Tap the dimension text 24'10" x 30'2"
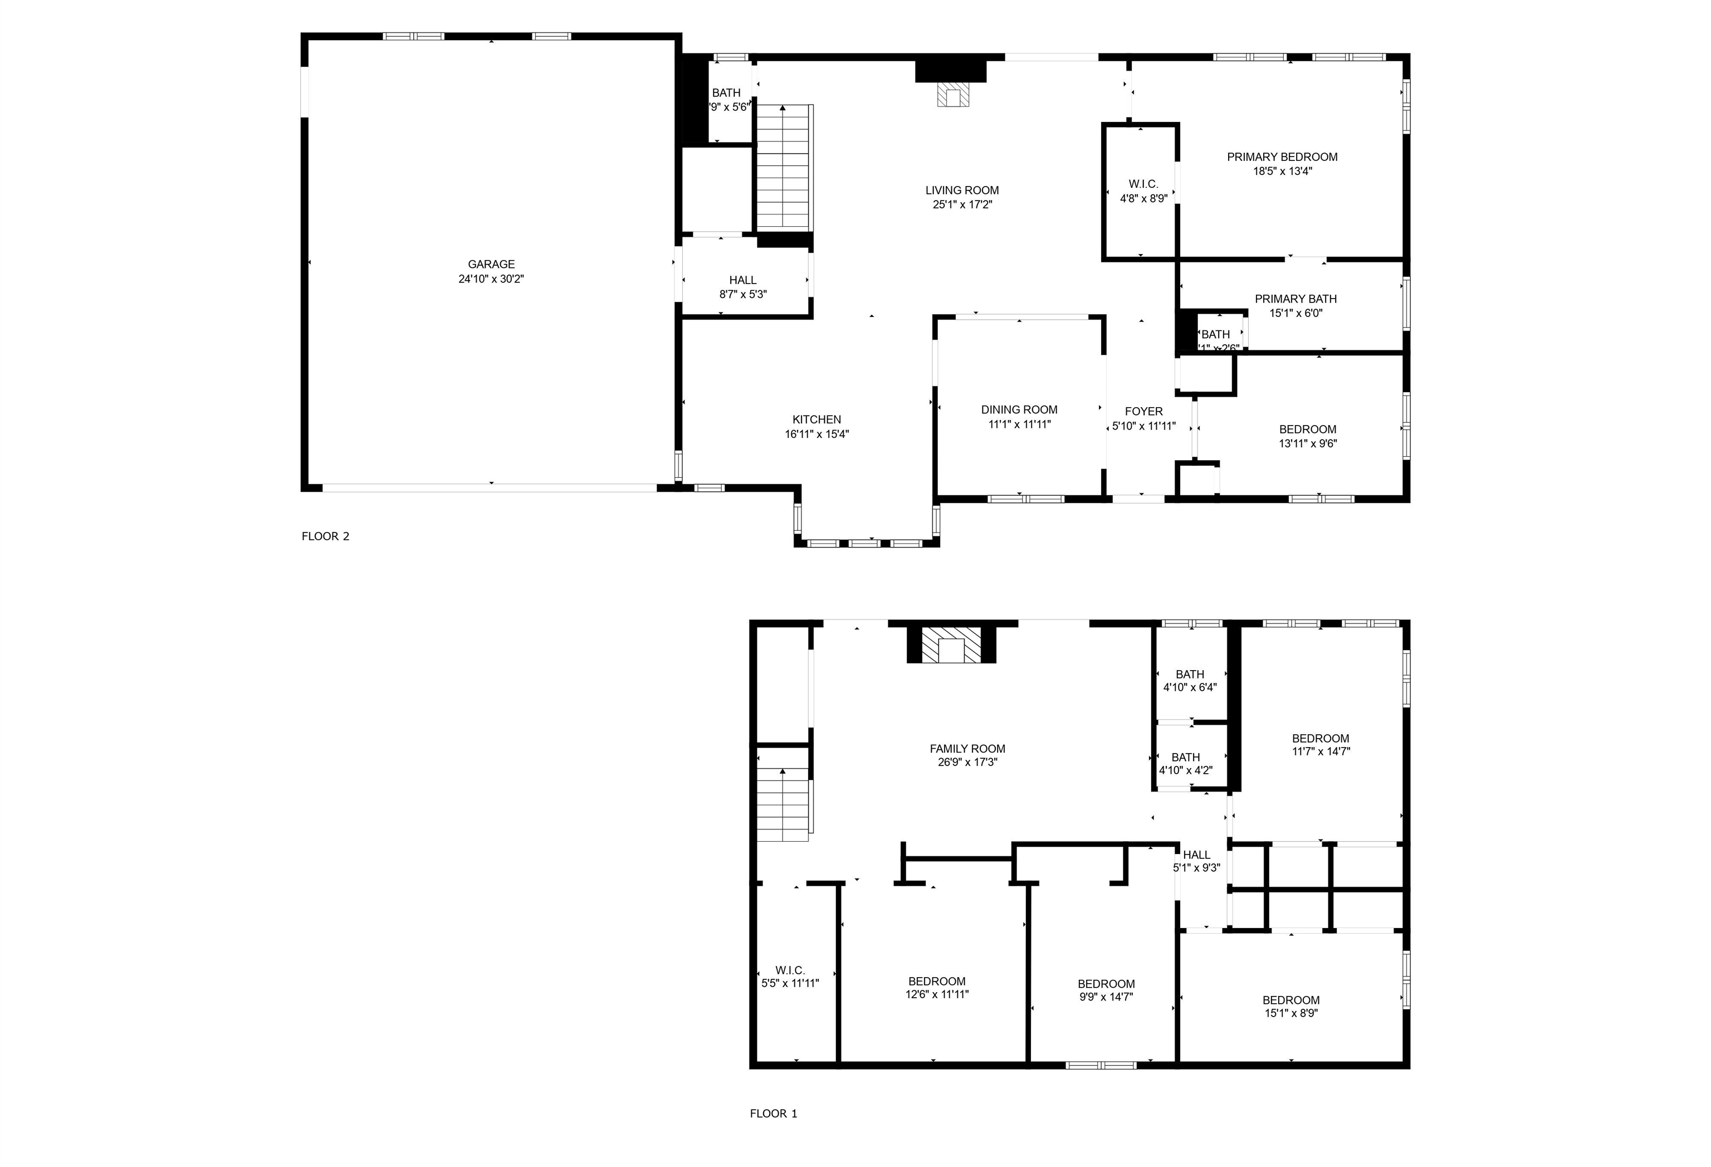point(491,279)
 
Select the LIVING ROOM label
point(961,190)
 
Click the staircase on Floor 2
point(784,168)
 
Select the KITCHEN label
point(817,419)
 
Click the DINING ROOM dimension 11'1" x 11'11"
point(1019,424)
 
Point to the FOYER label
point(1143,412)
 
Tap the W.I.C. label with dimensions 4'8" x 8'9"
point(1143,184)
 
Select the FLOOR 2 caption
point(325,536)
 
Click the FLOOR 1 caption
point(773,1114)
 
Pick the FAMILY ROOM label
point(967,749)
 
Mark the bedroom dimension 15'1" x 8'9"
point(1290,1013)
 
